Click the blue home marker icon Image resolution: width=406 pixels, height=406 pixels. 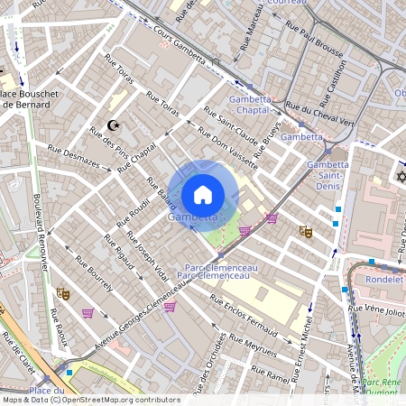tap(203, 194)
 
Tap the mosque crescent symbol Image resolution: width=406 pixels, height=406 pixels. tap(113, 125)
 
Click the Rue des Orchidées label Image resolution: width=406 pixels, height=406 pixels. tap(217, 361)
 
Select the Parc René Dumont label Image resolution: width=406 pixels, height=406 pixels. tap(383, 386)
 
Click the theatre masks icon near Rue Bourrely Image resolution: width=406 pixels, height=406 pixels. tap(63, 292)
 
